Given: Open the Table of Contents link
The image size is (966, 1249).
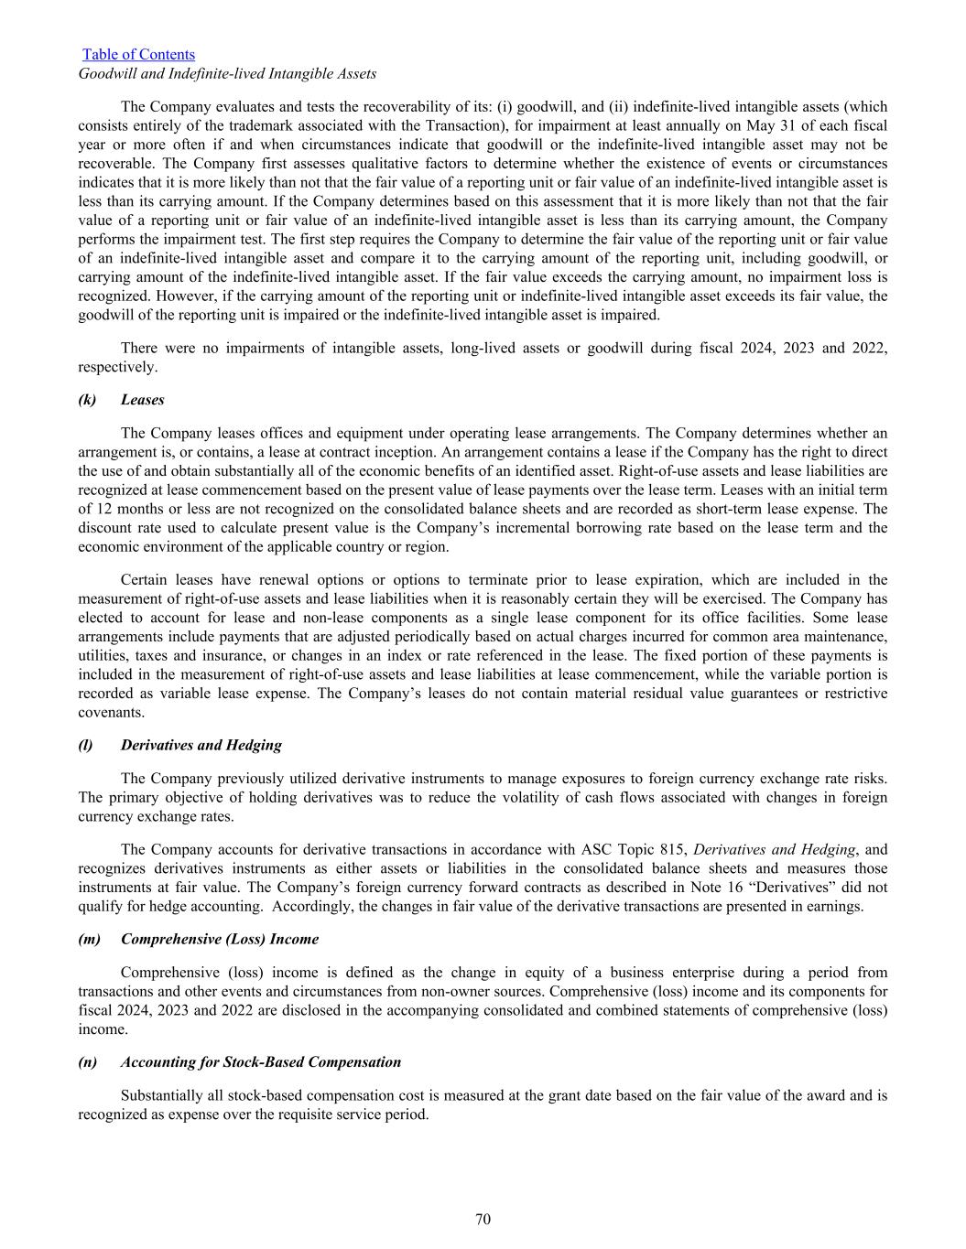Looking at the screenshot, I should pos(138,55).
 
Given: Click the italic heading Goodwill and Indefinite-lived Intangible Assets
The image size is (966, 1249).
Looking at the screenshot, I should pos(227,73).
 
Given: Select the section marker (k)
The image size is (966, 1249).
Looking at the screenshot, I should pos(88,400).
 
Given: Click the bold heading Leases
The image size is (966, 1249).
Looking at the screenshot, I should pos(143,400).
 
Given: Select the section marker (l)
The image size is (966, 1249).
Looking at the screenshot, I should pos(86,745).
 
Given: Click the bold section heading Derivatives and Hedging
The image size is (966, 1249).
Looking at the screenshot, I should pos(201,745).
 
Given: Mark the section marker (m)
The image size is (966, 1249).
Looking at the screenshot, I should pos(90,939).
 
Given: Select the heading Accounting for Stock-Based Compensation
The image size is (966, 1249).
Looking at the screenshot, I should pos(261,1062).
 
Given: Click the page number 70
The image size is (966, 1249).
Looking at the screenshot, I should pos(483,1219).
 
